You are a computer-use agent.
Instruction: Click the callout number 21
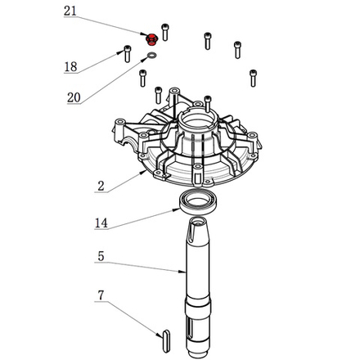pos(71,11)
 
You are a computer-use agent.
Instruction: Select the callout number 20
pos(74,97)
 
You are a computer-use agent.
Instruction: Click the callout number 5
pos(100,257)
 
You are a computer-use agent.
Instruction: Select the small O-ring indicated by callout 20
pos(151,56)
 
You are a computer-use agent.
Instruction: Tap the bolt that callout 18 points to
pos(127,52)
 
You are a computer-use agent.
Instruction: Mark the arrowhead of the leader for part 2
pos(149,173)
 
